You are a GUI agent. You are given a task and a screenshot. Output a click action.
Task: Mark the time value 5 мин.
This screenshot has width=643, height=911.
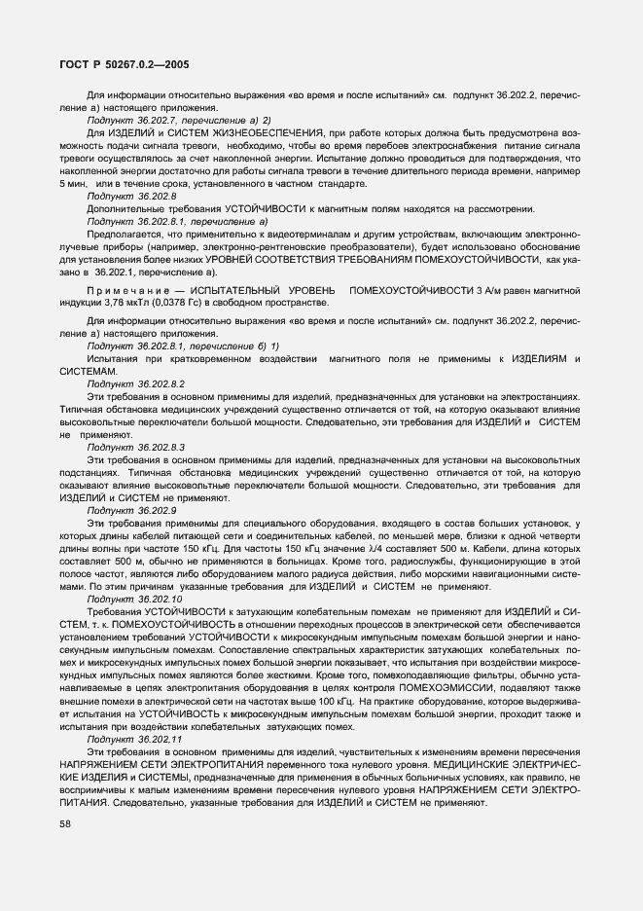point(74,183)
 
